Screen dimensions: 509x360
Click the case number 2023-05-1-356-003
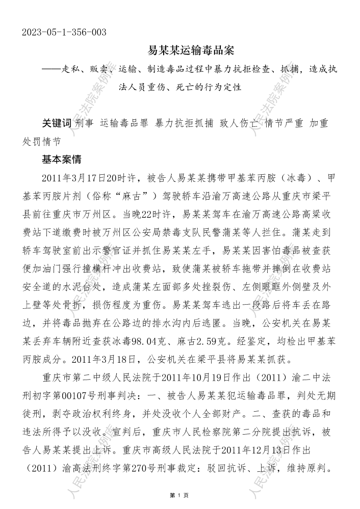pyautogui.click(x=64, y=33)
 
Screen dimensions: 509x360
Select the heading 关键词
pyautogui.click(x=57, y=124)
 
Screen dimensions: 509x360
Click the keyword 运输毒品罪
pyautogui.click(x=124, y=124)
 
